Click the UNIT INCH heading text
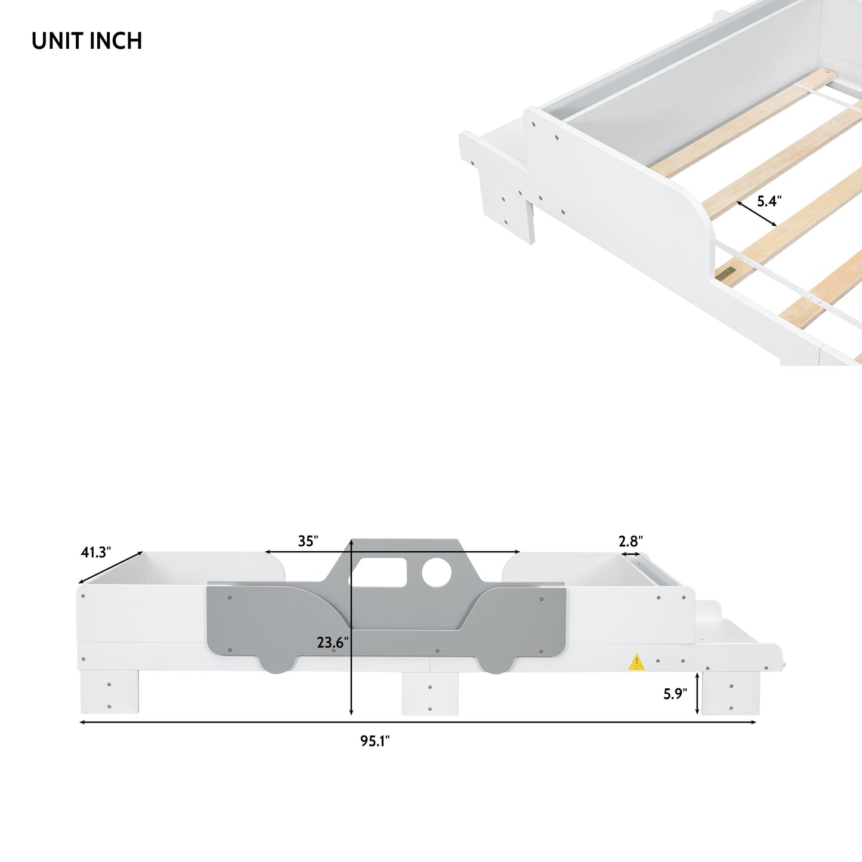pos(86,41)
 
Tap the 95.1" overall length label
pos(375,741)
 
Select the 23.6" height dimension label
pos(332,642)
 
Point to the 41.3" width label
pos(96,552)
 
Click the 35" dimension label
pos(308,541)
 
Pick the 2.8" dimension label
pos(630,541)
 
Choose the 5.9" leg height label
pos(675,694)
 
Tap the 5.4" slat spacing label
pos(769,202)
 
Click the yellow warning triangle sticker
pos(637,662)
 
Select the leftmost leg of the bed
pos(109,692)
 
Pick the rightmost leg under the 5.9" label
pos(731,693)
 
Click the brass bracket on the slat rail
pos(726,274)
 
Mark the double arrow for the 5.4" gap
pos(756,214)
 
